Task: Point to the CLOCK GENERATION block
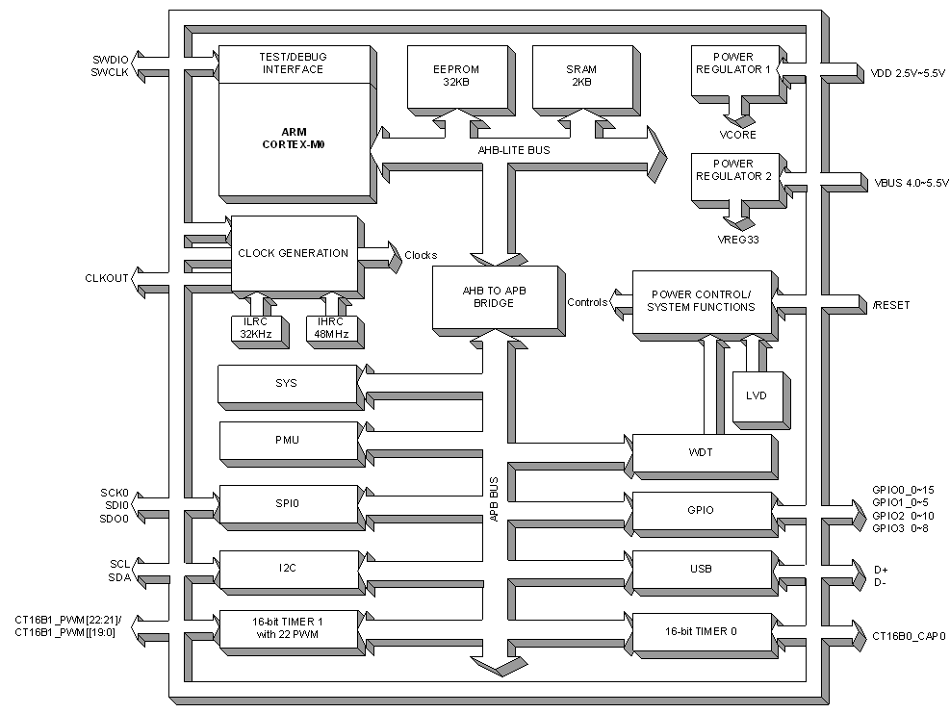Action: coord(293,253)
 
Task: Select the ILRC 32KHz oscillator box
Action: coord(255,328)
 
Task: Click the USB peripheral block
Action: coord(702,569)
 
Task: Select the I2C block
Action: coord(288,568)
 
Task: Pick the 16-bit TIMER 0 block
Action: coord(702,630)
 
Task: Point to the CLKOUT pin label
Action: coord(105,279)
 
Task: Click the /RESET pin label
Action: coord(890,305)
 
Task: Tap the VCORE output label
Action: coord(739,136)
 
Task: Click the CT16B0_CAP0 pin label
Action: coord(909,636)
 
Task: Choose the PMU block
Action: coord(287,440)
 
